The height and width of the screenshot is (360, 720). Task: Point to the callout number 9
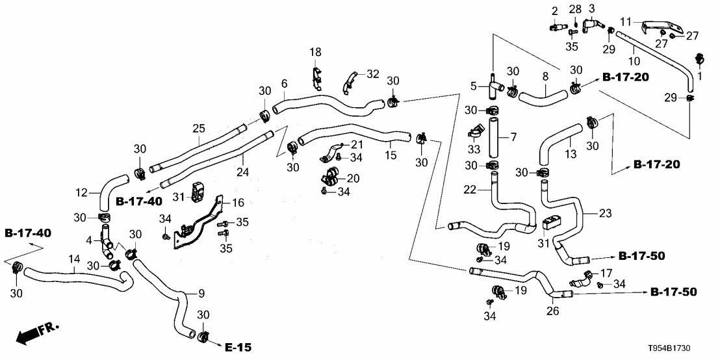point(202,292)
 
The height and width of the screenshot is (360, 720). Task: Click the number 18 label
point(315,51)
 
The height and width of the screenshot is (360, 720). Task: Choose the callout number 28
point(576,8)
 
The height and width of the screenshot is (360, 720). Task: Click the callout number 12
point(81,192)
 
